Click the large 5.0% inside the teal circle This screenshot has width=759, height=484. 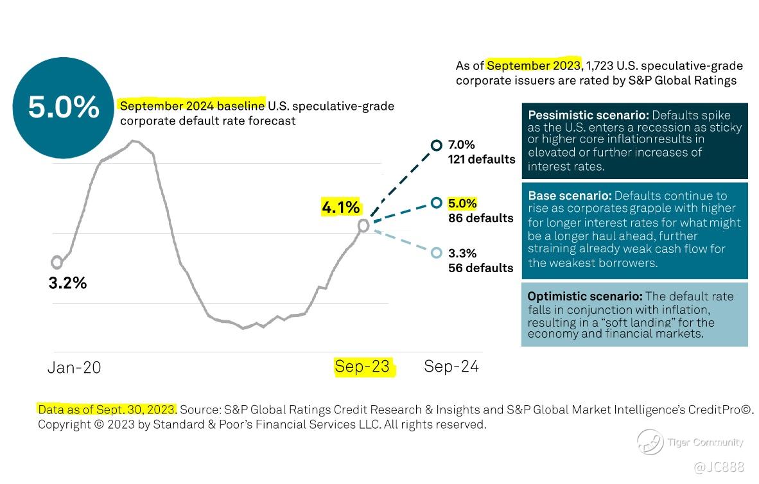(64, 107)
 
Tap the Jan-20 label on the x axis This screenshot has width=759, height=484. (74, 367)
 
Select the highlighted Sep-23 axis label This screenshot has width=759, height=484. (362, 367)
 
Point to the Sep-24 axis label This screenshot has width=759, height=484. (451, 367)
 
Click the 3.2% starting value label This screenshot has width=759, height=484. (67, 283)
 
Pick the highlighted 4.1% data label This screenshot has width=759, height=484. (341, 207)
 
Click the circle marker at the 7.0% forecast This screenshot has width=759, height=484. (437, 146)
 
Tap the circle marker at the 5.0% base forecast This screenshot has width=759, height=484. (437, 203)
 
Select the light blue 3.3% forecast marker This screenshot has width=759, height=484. (437, 253)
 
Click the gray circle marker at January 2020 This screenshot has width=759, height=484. (57, 262)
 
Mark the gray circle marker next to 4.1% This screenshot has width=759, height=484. (363, 225)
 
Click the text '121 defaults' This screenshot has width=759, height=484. (482, 159)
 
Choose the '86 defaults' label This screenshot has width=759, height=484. (481, 218)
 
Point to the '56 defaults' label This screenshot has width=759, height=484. (481, 268)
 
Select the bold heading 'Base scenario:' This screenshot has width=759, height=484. (570, 196)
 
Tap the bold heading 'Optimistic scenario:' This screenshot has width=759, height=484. (584, 297)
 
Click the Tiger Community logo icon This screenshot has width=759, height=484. (650, 442)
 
